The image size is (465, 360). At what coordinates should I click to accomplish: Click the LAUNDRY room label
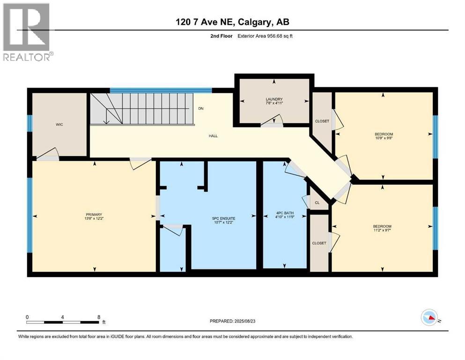point(274,99)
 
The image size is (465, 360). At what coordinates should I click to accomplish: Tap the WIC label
point(59,125)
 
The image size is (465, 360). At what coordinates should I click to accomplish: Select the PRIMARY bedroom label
point(94,214)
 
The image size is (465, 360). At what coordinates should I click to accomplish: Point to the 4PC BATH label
point(284,214)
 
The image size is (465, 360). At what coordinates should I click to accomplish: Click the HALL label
point(214,136)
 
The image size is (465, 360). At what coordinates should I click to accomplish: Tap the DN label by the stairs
point(201,109)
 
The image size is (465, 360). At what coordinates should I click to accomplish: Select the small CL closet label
point(317,203)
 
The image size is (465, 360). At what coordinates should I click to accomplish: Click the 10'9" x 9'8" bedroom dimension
point(383,137)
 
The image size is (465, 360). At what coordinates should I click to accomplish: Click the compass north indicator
point(429,318)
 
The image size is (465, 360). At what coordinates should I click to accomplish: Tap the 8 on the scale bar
point(98,317)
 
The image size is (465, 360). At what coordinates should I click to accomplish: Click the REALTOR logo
point(27,32)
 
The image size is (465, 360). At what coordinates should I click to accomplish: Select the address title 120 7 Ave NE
point(233,22)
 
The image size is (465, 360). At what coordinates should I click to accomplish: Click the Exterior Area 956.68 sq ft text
point(267,36)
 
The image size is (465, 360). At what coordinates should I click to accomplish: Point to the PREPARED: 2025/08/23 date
point(232,321)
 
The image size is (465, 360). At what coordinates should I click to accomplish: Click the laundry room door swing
point(272,122)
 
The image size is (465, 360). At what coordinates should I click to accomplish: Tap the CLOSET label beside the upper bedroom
point(322,121)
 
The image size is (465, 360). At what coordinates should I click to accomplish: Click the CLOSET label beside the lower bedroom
point(319,243)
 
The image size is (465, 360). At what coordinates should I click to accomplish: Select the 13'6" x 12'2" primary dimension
point(94,219)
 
